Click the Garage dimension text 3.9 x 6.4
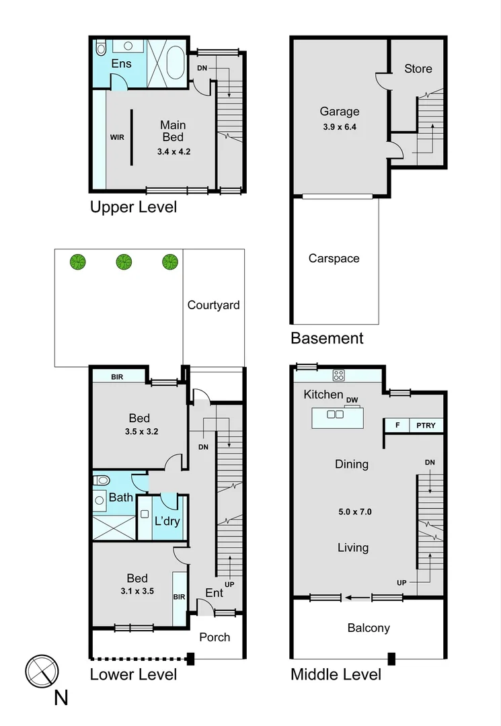click(340, 126)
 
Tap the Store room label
click(418, 69)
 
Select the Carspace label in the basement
click(334, 258)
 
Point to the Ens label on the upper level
click(121, 64)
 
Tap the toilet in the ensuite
click(101, 48)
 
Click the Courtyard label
click(213, 305)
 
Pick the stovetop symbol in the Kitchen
click(339, 376)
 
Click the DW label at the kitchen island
click(351, 401)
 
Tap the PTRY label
click(425, 425)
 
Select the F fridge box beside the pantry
click(397, 425)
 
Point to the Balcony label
click(368, 628)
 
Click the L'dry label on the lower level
click(167, 521)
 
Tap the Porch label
click(215, 637)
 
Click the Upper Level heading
click(133, 207)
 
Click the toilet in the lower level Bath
click(102, 481)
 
